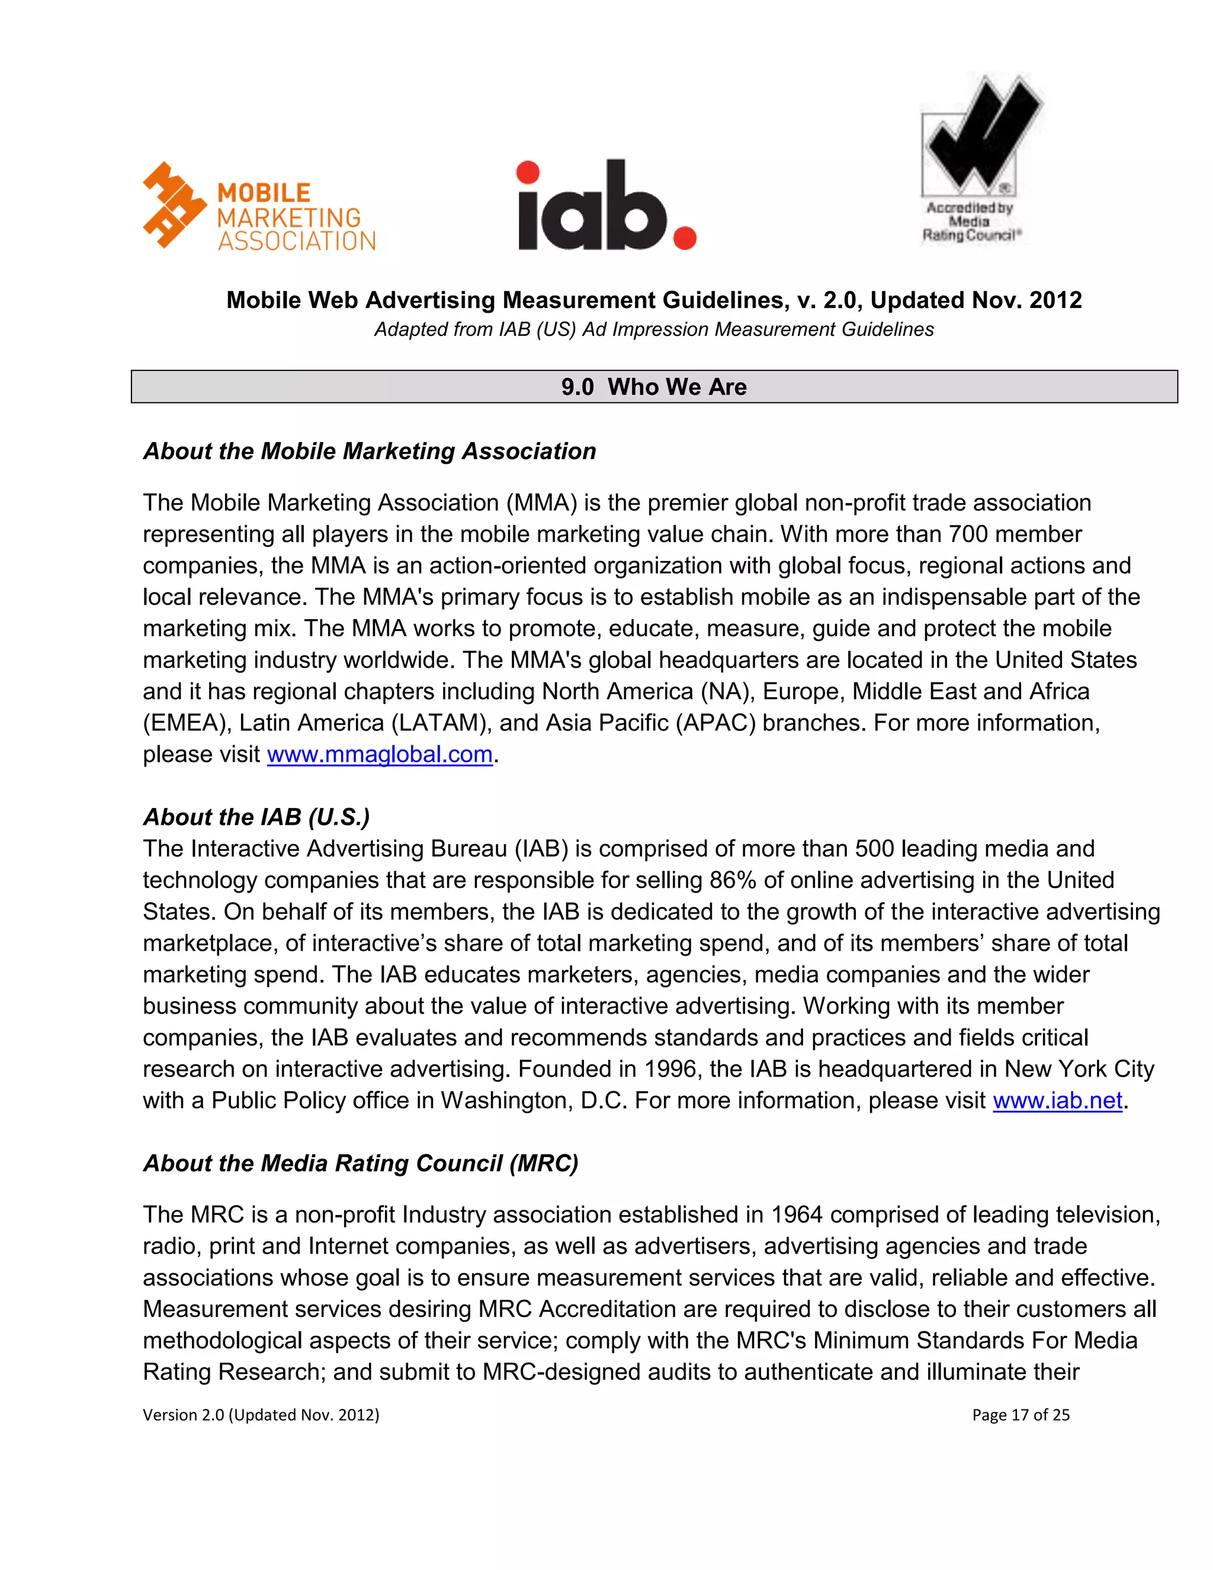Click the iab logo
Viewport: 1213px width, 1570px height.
[x=606, y=206]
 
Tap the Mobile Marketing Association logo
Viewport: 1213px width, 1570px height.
[x=259, y=207]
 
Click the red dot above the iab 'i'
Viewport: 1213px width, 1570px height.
[x=528, y=172]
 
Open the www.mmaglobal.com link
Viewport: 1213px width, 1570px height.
[x=380, y=754]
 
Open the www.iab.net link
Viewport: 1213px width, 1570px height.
[x=1057, y=1101]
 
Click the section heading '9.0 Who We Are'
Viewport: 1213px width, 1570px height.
[x=654, y=387]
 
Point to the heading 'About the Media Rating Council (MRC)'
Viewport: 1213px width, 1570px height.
[x=360, y=1163]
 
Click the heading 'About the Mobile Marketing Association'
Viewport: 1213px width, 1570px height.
[x=370, y=451]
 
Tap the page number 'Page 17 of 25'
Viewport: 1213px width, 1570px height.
[x=1021, y=1415]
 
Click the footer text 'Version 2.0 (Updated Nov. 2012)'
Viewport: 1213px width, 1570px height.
[x=261, y=1415]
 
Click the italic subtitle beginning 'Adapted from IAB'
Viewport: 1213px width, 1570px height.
[x=654, y=329]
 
